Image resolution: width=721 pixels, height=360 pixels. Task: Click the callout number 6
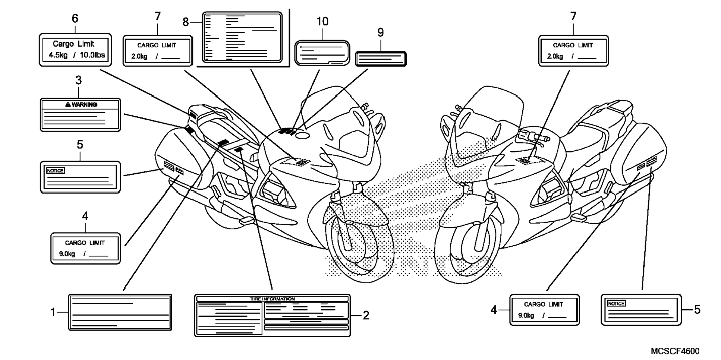(x=75, y=19)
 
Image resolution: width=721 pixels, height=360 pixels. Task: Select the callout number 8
(x=186, y=22)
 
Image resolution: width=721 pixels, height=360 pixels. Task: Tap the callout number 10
(x=322, y=22)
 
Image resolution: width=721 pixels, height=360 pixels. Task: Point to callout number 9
(x=380, y=33)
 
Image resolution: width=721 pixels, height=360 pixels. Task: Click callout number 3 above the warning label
(x=78, y=80)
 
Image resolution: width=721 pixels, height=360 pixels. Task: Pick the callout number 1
(x=53, y=312)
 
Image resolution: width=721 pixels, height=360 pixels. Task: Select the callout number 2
(x=366, y=316)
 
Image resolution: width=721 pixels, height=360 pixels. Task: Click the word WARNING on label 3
(x=84, y=105)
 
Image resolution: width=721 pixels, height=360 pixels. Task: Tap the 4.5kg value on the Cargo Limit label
(x=58, y=55)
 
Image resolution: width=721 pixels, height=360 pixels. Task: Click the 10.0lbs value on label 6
(x=92, y=55)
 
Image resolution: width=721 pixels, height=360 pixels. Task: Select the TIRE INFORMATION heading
(x=272, y=299)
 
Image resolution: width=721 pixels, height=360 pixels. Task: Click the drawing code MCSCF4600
(x=675, y=351)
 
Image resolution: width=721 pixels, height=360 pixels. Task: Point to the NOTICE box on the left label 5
(x=55, y=171)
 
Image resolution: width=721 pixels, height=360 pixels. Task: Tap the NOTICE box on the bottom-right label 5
(x=616, y=303)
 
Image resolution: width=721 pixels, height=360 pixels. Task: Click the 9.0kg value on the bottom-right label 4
(x=526, y=316)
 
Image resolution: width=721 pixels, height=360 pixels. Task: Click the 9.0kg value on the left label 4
(x=67, y=254)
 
